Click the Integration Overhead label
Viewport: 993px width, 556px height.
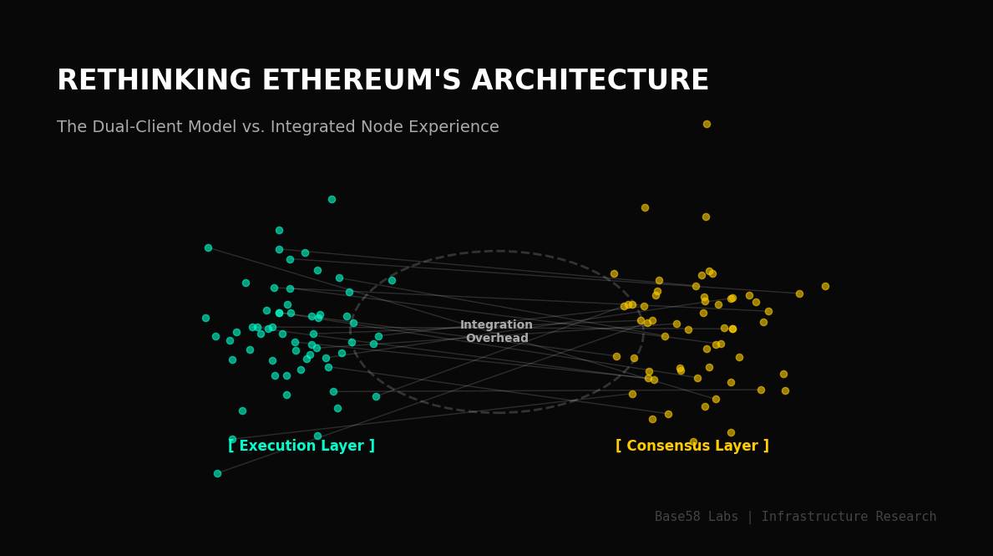[496, 332]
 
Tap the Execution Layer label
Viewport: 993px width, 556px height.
[301, 446]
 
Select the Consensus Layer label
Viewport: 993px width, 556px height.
[692, 446]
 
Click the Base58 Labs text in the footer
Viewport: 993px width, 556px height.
[697, 517]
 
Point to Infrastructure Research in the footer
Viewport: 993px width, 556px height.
[849, 517]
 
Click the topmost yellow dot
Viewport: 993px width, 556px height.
[707, 124]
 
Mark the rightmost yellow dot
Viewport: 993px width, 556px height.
[825, 286]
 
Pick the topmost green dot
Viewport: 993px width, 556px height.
[332, 199]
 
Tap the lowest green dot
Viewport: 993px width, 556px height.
[217, 473]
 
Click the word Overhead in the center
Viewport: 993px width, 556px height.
[497, 339]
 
